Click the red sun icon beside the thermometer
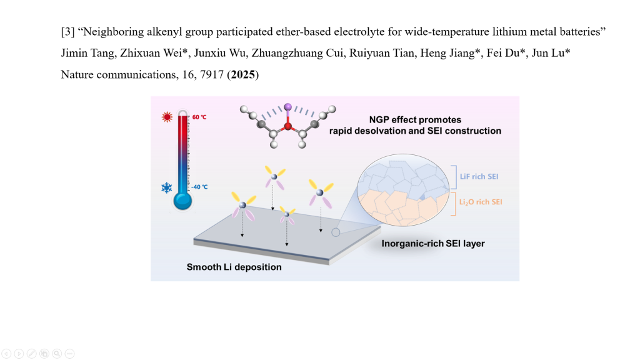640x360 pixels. (x=167, y=117)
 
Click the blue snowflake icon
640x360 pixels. (x=167, y=187)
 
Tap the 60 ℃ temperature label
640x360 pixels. (x=199, y=117)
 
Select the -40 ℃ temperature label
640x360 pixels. (x=199, y=187)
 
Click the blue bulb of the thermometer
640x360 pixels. (x=182, y=200)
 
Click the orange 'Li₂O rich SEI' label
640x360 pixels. (x=481, y=202)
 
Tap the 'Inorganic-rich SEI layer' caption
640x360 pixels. (x=433, y=243)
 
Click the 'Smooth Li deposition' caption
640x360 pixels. (x=234, y=267)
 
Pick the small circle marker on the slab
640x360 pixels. (x=336, y=232)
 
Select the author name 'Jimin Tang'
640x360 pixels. (x=83, y=53)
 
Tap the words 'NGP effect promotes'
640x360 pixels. (x=415, y=119)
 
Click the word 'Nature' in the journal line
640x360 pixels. (x=77, y=75)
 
